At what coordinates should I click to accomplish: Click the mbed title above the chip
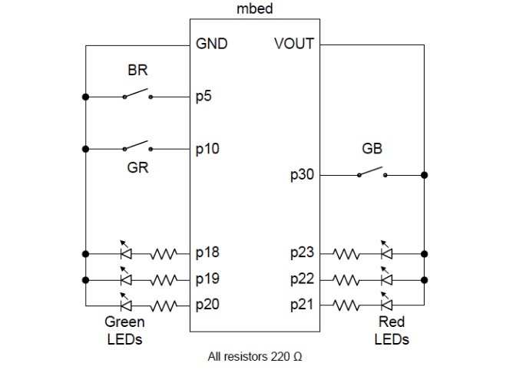[x=256, y=8]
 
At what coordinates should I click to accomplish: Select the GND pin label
[x=213, y=44]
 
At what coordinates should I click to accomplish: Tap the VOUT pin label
[x=293, y=44]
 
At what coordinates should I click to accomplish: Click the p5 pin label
[x=204, y=97]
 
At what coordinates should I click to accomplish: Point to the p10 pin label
[x=207, y=148]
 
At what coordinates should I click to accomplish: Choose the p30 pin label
[x=302, y=176]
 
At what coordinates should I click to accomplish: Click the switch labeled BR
[x=137, y=95]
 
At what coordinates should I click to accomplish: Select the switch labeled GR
[x=137, y=146]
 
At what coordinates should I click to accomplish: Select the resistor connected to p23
[x=347, y=253]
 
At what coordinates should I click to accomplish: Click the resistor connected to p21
[x=347, y=305]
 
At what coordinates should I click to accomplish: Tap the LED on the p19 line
[x=124, y=278]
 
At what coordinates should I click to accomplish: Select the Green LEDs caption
[x=124, y=331]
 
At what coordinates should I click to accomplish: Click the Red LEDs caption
[x=391, y=331]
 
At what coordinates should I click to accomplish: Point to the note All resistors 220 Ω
[x=256, y=357]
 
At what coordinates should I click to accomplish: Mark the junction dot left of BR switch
[x=85, y=97]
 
